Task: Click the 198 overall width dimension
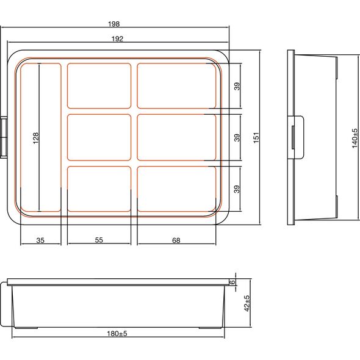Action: click(114, 24)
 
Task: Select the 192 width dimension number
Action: click(117, 39)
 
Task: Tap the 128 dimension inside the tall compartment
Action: click(36, 138)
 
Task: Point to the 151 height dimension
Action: click(256, 137)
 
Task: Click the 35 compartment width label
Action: click(40, 240)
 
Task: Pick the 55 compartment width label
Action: click(99, 240)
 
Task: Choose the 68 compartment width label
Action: click(176, 240)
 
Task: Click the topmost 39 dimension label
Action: click(237, 86)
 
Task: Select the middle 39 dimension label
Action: click(237, 137)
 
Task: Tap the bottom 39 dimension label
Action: click(237, 189)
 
